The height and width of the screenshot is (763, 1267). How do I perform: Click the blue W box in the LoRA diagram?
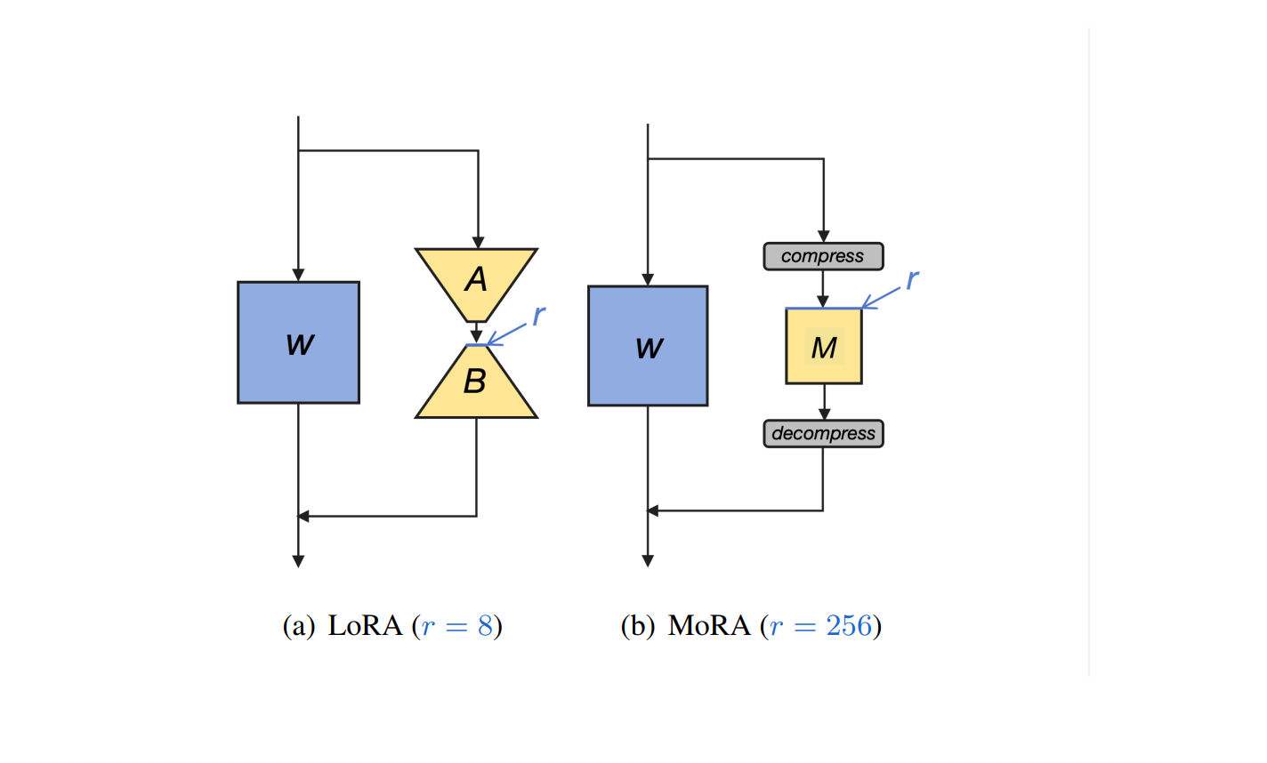point(299,342)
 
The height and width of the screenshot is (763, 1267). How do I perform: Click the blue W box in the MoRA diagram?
point(649,346)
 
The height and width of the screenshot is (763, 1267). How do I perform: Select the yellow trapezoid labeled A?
point(476,285)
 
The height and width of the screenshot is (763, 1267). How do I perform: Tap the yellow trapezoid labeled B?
point(476,381)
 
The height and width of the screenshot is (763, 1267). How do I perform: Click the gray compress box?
point(824,257)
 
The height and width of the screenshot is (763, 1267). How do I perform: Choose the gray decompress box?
point(824,434)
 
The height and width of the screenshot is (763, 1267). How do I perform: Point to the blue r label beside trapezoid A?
point(539,315)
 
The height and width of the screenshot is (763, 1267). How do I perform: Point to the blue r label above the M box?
point(912,280)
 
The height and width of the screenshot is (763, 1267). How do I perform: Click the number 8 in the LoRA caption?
point(485,626)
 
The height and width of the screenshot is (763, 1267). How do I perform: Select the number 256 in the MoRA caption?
point(849,626)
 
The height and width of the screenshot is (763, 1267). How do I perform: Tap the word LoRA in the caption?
point(366,626)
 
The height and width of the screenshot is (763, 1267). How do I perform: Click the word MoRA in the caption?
point(709,626)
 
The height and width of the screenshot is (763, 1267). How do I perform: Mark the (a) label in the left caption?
point(299,627)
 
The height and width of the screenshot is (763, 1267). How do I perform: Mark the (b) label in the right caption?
point(637,627)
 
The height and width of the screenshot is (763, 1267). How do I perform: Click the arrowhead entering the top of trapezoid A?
point(479,243)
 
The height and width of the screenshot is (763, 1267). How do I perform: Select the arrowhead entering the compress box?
point(824,237)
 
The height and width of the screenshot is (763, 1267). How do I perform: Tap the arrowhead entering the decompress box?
point(824,414)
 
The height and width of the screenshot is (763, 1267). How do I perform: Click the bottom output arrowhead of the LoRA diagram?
point(299,561)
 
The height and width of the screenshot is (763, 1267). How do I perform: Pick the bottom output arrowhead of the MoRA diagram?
point(649,560)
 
